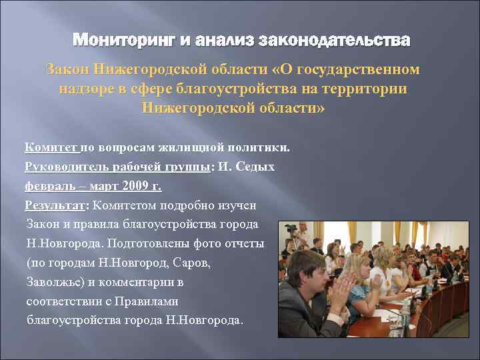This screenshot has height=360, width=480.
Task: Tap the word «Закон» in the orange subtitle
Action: point(68,69)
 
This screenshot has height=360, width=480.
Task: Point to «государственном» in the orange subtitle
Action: point(366,69)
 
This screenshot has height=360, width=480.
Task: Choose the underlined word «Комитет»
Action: point(51,147)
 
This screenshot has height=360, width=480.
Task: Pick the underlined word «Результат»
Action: point(55,205)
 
